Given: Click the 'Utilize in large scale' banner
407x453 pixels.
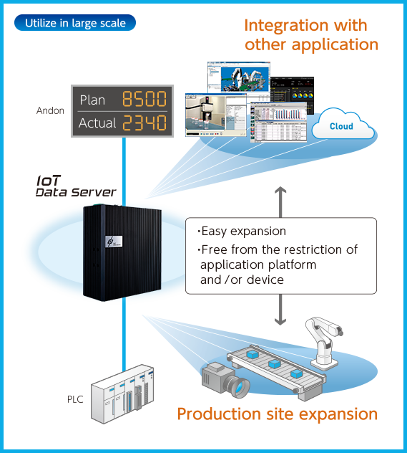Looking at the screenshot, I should point(75,23).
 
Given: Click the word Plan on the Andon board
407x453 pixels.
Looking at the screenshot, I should point(92,100).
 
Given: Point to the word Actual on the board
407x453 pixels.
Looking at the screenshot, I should point(97,123).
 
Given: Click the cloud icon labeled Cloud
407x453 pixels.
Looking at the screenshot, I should point(341,125).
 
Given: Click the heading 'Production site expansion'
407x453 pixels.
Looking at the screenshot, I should point(277,414).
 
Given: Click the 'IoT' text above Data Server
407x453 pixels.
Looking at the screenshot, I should point(48,181).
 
